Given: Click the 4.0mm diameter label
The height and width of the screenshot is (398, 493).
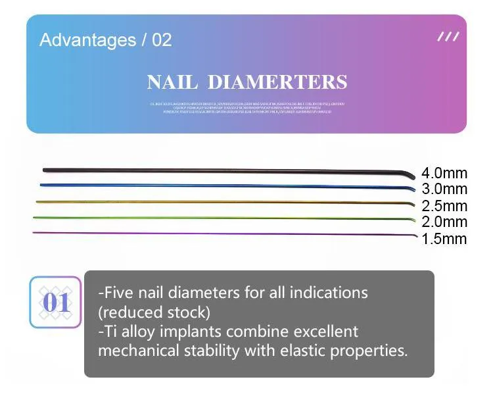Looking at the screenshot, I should pyautogui.click(x=444, y=174).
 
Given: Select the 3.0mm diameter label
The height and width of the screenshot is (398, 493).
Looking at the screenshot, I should pyautogui.click(x=444, y=190).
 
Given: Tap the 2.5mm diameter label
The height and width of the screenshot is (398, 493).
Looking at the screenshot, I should pyautogui.click(x=444, y=207).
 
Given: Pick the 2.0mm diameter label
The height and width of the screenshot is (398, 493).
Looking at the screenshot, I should pyautogui.click(x=444, y=222).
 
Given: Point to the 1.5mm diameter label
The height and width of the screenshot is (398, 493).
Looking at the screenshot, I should pyautogui.click(x=444, y=239).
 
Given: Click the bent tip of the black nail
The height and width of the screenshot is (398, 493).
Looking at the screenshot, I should pyautogui.click(x=411, y=174).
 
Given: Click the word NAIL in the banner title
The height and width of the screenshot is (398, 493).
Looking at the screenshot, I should pyautogui.click(x=173, y=83).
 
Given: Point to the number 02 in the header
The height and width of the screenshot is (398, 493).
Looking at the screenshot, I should pyautogui.click(x=162, y=40).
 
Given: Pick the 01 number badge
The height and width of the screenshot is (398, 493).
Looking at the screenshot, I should pyautogui.click(x=56, y=303).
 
